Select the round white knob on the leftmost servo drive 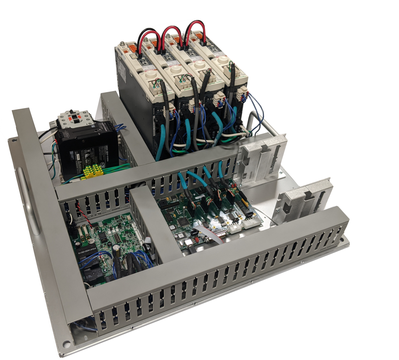(x=151, y=77)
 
